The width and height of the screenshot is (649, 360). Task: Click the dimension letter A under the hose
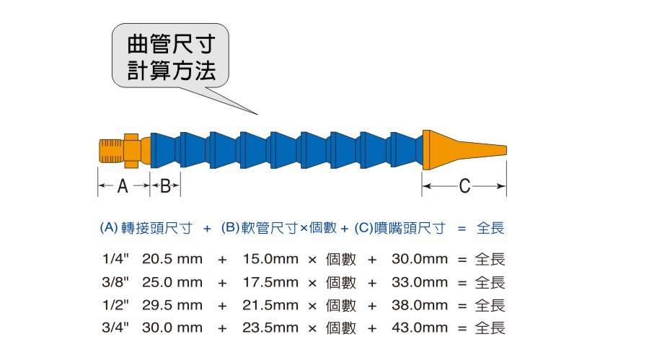click(123, 187)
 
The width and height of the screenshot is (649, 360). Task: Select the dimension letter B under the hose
click(165, 187)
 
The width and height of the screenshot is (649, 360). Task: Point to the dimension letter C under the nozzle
click(464, 187)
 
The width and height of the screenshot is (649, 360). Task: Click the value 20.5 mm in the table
click(172, 258)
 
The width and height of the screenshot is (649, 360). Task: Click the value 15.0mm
click(270, 258)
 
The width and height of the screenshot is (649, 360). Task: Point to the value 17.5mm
click(270, 281)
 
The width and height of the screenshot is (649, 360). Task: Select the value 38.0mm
click(420, 304)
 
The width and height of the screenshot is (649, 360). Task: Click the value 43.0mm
click(420, 328)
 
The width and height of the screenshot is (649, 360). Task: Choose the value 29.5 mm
click(172, 304)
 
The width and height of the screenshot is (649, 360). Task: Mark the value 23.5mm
click(270, 328)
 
